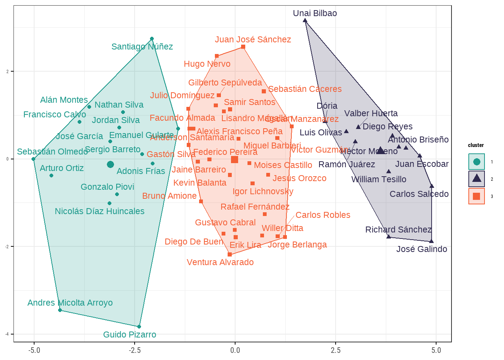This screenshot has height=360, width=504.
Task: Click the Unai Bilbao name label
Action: click(315, 13)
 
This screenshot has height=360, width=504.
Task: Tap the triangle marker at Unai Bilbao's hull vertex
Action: click(305, 21)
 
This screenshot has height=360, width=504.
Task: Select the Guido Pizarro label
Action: click(129, 334)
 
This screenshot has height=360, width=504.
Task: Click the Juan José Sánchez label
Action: click(253, 40)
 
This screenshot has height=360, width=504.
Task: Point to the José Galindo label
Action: click(421, 249)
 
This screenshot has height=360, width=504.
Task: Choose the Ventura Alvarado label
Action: click(220, 262)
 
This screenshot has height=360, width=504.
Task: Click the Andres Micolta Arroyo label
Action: click(70, 303)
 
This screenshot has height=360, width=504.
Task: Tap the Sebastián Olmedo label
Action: click(52, 152)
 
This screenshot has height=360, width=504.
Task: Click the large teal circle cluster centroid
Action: click(110, 164)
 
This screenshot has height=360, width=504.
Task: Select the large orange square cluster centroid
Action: click(234, 160)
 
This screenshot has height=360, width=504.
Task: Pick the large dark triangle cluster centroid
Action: click(381, 150)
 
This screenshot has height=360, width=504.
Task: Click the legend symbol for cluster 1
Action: click(477, 162)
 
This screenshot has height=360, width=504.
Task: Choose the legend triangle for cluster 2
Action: click(477, 178)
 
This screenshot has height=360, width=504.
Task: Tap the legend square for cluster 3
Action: click(477, 196)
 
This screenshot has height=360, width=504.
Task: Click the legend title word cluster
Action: click(476, 145)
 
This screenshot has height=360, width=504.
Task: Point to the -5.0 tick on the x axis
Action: click(34, 350)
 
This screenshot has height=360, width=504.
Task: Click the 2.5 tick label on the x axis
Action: click(336, 350)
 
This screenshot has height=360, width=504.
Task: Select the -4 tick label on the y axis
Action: click(7, 334)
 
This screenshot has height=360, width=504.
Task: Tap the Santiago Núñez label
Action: click(142, 47)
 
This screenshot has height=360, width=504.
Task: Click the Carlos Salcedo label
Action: click(419, 194)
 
